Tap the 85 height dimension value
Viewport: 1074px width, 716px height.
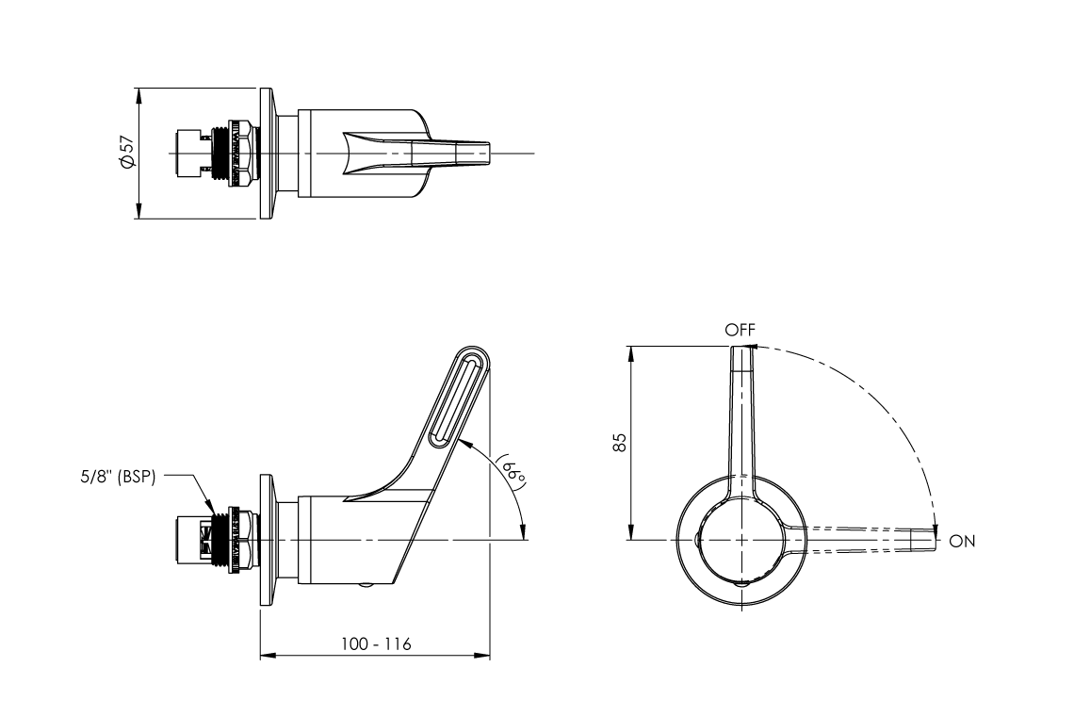619,443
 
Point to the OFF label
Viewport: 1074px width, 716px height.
740,330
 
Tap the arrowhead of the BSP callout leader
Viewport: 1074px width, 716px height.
216,513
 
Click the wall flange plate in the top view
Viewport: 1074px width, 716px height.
267,154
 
